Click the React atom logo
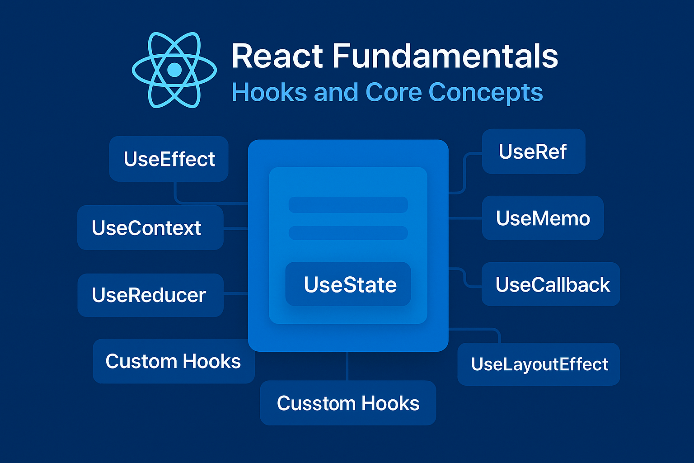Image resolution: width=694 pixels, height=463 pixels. click(174, 70)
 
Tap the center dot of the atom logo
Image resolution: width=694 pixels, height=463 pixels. click(174, 70)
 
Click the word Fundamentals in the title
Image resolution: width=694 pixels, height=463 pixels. click(445, 56)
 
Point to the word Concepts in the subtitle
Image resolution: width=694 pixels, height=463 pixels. click(486, 93)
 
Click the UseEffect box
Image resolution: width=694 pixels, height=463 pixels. click(169, 159)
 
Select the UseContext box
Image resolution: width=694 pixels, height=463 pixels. click(150, 228)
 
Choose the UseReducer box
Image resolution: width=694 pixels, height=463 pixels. click(150, 295)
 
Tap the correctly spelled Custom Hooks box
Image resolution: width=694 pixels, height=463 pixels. click(173, 361)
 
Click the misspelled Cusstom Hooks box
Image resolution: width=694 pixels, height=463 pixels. click(348, 403)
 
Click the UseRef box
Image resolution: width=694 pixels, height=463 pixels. click(533, 151)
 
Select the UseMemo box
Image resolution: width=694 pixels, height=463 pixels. click(543, 218)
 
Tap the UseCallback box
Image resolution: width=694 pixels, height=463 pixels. click(551, 284)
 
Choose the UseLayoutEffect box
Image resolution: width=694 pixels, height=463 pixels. click(539, 364)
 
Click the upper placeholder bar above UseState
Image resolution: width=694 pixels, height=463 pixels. click(348, 204)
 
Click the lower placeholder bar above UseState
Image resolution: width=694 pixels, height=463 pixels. click(348, 233)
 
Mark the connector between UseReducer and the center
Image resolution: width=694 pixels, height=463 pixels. click(235, 294)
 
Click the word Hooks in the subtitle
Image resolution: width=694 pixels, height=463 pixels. click(270, 93)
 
